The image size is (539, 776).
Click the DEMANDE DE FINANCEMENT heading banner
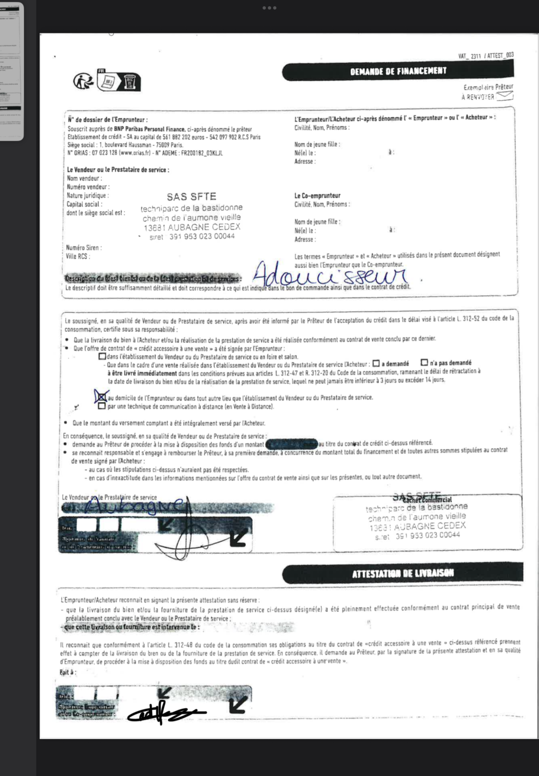tap(398, 71)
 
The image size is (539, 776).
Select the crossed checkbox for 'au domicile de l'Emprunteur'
tap(101, 397)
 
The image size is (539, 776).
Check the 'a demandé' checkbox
tap(376, 363)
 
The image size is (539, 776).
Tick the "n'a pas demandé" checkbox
tap(424, 362)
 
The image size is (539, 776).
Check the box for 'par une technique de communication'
tap(101, 406)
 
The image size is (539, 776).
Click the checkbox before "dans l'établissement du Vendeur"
tap(102, 356)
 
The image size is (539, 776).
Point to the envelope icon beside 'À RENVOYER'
tap(505, 96)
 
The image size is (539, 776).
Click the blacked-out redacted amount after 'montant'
tap(291, 443)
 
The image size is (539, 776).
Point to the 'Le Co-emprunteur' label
tap(317, 195)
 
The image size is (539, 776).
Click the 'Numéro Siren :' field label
tap(84, 248)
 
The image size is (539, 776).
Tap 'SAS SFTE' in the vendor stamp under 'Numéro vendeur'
tap(191, 197)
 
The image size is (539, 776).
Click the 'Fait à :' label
tap(68, 672)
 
